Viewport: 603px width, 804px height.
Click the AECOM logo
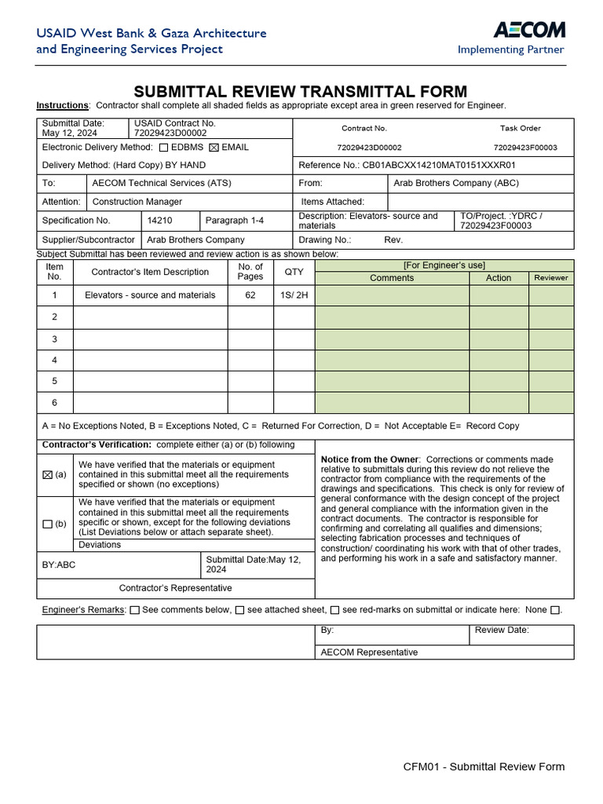(x=528, y=31)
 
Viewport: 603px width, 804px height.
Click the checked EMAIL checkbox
(x=214, y=148)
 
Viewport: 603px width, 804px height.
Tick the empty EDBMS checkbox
(x=163, y=148)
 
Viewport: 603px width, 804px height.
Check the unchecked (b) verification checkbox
(x=47, y=524)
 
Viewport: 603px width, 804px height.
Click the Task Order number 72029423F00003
(x=525, y=148)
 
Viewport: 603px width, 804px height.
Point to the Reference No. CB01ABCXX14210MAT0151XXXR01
(x=439, y=166)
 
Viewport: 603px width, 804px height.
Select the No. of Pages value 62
(x=250, y=295)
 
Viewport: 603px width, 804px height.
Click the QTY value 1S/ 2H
(x=294, y=295)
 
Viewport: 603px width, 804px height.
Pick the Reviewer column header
(x=550, y=278)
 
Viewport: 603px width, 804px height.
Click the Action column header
(x=499, y=278)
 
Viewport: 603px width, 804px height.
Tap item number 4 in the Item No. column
(x=54, y=360)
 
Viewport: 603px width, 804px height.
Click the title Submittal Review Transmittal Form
(x=301, y=92)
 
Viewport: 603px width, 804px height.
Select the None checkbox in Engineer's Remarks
(x=555, y=610)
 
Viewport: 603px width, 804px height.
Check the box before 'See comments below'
(x=135, y=610)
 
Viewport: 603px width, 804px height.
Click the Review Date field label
(x=502, y=630)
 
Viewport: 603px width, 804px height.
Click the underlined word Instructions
(x=62, y=105)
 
